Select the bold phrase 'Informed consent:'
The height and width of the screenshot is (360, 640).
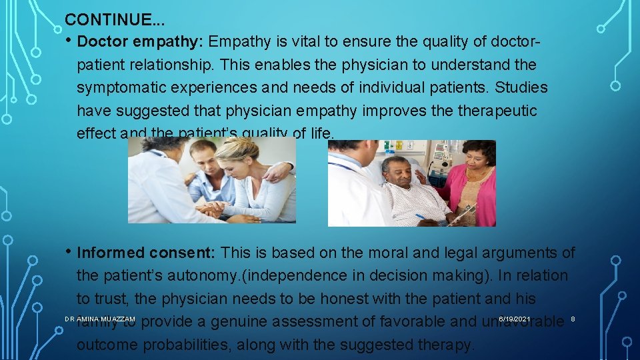coord(147,253)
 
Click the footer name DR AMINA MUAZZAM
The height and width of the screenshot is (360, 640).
coord(99,319)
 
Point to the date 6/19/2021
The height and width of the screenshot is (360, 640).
coord(514,319)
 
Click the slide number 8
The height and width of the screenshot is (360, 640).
coord(573,319)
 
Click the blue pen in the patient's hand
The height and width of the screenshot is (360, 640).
coord(423,217)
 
